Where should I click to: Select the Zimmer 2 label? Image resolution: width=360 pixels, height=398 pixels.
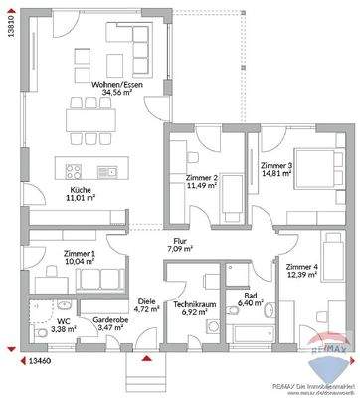coord(201,178)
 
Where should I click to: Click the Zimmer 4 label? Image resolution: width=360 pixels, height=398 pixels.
coord(300,268)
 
